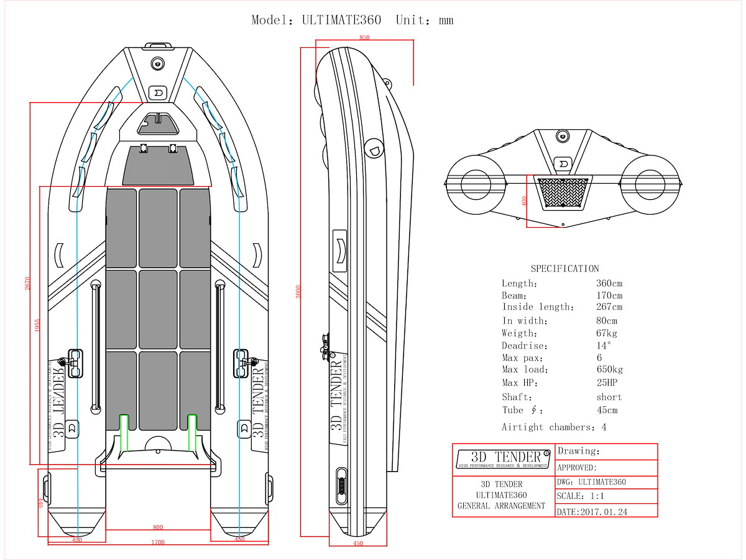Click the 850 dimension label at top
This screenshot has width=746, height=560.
pos(364,38)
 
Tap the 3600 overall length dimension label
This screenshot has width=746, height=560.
pos(298,291)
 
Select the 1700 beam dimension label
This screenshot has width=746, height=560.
pos(158,543)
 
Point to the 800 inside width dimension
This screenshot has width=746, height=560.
pos(158,527)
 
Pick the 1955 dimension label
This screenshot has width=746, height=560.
pos(37,325)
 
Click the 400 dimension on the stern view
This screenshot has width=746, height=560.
pos(524,202)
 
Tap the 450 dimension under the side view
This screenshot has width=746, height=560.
pos(358,544)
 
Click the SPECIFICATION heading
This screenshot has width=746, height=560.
pos(564,269)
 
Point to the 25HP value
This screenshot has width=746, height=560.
pos(607,383)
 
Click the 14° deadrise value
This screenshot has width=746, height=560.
pos(604,345)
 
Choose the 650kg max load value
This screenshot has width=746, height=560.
pos(609,370)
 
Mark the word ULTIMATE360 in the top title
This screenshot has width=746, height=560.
pos(341,20)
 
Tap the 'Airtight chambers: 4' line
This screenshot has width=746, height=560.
pos(554,427)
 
